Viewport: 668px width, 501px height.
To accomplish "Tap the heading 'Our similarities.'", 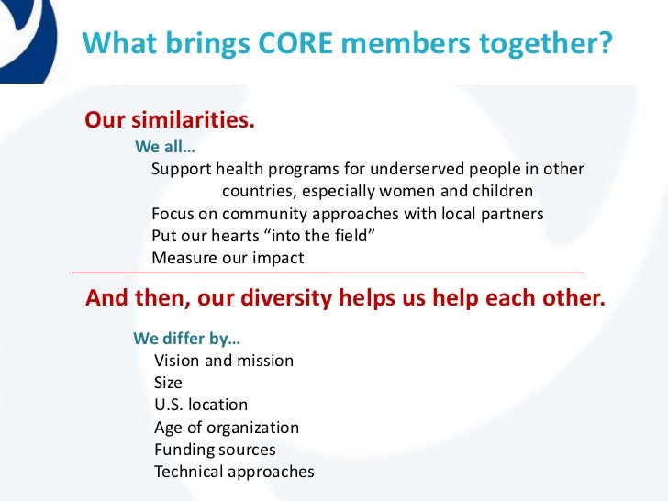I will pos(169,121).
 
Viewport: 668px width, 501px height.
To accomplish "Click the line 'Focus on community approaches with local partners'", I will pos(347,214).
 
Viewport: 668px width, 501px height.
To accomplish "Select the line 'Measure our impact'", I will pos(227,258).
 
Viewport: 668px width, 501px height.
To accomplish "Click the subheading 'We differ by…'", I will pos(187,338).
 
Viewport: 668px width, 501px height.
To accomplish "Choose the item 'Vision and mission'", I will pos(224,361).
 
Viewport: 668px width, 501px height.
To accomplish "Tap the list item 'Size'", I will pos(168,383).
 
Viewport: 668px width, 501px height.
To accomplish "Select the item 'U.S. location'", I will pos(201,405).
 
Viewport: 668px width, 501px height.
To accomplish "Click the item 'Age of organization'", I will pos(227,428).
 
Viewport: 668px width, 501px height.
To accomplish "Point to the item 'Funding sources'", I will pos(215,450).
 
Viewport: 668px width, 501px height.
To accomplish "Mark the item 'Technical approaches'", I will pos(234,473).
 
